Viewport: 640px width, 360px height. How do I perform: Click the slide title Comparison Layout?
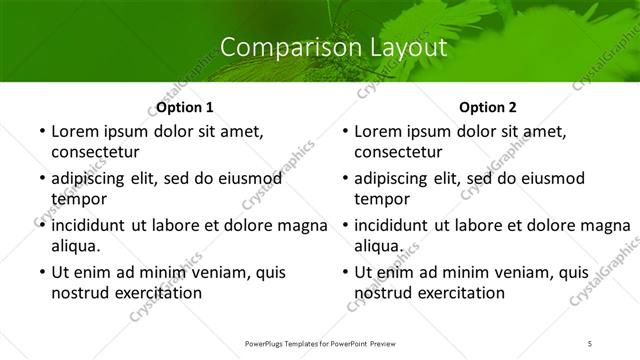320,47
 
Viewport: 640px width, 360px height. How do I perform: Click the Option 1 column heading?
185,107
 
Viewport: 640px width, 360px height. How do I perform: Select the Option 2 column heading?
488,107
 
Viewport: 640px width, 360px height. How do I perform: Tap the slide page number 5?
590,343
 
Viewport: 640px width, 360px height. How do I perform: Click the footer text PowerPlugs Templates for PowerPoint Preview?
320,343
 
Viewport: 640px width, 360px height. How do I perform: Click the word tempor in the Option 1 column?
77,199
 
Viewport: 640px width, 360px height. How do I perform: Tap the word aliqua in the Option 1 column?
76,246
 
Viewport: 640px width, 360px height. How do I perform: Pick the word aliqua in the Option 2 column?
379,246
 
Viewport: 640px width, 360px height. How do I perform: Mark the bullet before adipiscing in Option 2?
343,179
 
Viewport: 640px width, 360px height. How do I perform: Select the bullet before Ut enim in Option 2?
343,273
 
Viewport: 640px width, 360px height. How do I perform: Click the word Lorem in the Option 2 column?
378,131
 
